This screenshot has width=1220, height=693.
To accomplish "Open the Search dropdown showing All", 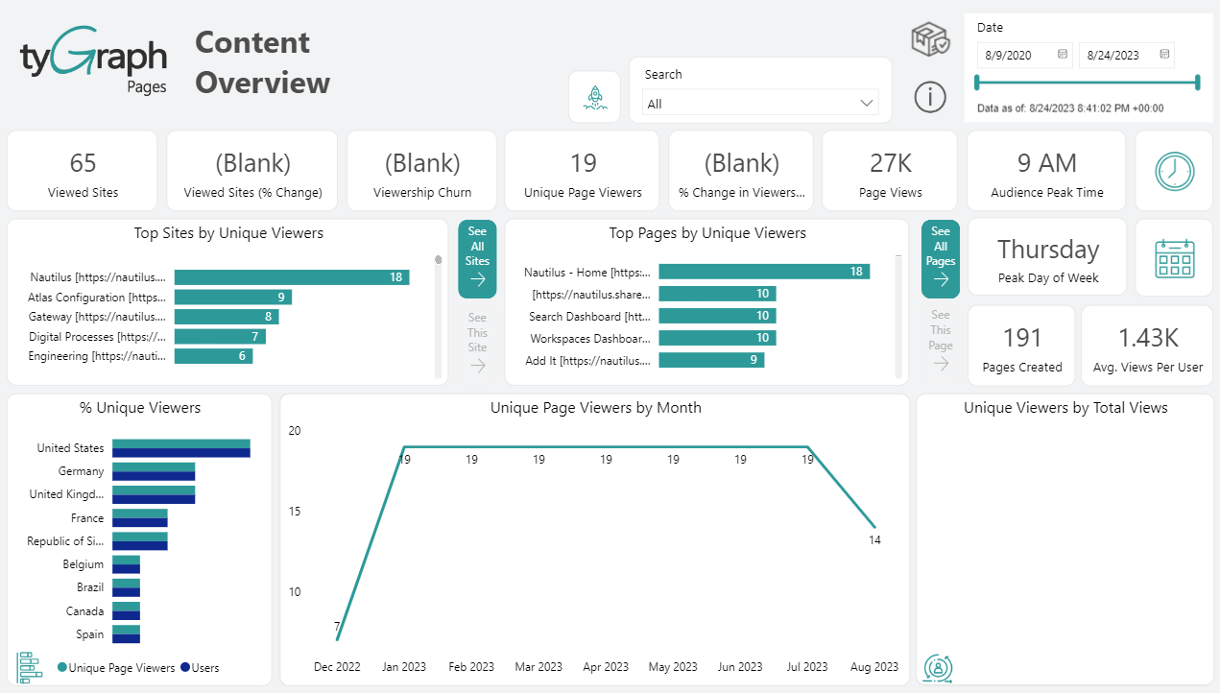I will click(x=759, y=104).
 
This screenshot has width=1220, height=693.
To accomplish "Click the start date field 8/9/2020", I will click(x=1023, y=56).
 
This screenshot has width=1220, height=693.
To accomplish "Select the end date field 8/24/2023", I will click(x=1125, y=56).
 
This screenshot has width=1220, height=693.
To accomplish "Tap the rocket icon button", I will click(x=594, y=96).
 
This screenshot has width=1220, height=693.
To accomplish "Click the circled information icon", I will click(x=929, y=96).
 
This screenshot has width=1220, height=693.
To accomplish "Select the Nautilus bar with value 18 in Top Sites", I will click(x=292, y=277).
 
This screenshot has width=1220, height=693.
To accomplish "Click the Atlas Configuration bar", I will click(x=232, y=298).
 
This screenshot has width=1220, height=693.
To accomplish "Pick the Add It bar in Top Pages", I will click(x=711, y=360).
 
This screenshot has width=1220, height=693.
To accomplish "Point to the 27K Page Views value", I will click(x=890, y=163).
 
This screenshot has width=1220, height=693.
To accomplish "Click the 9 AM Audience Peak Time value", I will click(x=1046, y=163).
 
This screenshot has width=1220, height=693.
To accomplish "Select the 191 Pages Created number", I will click(x=1022, y=338).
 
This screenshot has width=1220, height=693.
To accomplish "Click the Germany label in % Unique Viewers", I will click(x=81, y=471).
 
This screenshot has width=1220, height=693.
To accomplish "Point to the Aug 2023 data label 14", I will click(x=874, y=540).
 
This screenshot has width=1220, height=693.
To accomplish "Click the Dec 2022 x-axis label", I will click(x=337, y=667).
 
